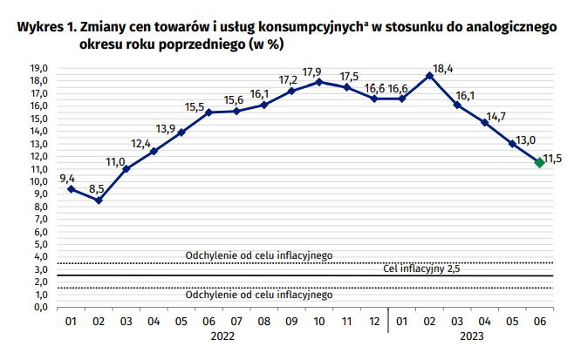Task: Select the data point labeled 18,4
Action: click(x=429, y=75)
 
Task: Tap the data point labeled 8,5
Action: click(x=99, y=200)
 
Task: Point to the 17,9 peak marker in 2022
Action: click(x=319, y=82)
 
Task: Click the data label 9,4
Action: click(x=66, y=178)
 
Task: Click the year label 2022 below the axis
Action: click(x=222, y=338)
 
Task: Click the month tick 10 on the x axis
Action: click(x=318, y=322)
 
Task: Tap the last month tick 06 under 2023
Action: click(x=539, y=322)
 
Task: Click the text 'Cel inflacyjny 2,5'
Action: click(x=421, y=269)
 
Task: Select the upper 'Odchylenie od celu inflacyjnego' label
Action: click(x=259, y=255)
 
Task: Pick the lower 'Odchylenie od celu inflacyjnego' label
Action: click(x=259, y=295)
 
